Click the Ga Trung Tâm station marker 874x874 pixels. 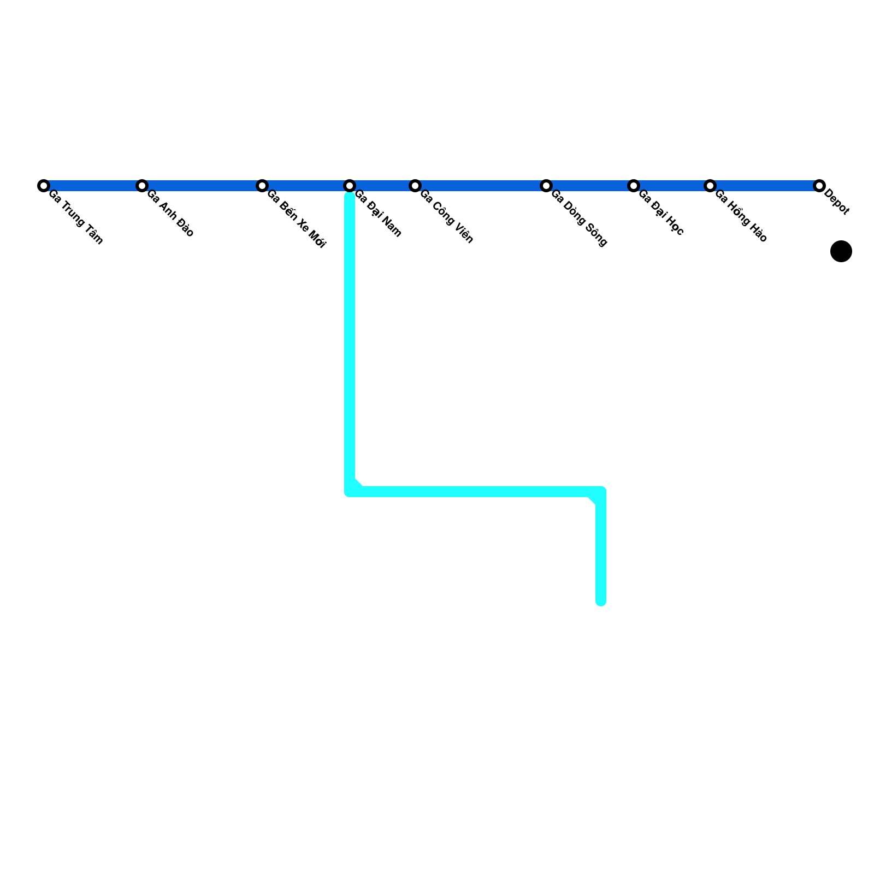pyautogui.click(x=44, y=186)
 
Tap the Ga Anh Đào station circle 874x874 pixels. pyautogui.click(x=142, y=186)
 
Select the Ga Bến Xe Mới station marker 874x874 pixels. pyautogui.click(x=262, y=186)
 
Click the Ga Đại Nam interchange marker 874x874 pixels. pyautogui.click(x=350, y=186)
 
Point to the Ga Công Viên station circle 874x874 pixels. pyautogui.click(x=415, y=186)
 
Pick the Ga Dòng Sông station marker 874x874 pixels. pyautogui.click(x=546, y=186)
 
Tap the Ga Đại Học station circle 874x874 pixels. pyautogui.click(x=634, y=186)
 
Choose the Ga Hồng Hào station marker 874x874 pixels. pyautogui.click(x=710, y=186)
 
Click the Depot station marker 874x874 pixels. pyautogui.click(x=819, y=186)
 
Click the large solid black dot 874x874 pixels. pyautogui.click(x=841, y=251)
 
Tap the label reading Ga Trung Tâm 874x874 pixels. pyautogui.click(x=75, y=217)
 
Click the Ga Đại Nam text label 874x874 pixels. pyautogui.click(x=378, y=214)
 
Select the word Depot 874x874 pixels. pyautogui.click(x=837, y=202)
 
